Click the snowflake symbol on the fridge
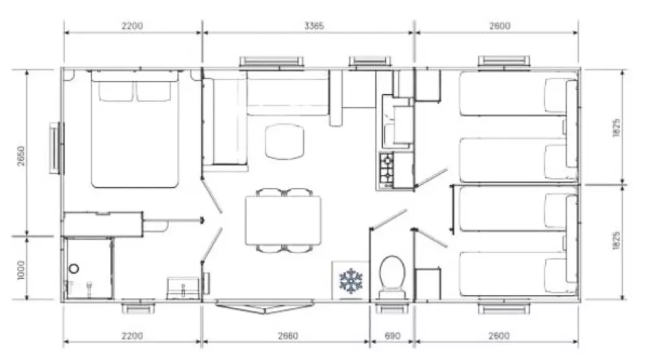(x=350, y=281)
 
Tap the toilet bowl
(x=391, y=272)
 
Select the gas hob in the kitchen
(x=387, y=169)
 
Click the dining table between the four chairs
(x=283, y=221)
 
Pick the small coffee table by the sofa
(x=284, y=142)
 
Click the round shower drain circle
(x=74, y=269)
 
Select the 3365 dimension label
(x=313, y=26)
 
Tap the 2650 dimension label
(x=21, y=156)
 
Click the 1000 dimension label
(x=21, y=270)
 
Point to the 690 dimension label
(x=392, y=336)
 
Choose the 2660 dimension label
(x=288, y=336)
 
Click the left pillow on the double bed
(x=116, y=91)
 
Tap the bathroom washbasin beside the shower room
(x=155, y=226)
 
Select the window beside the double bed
(x=56, y=148)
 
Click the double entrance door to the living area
(x=263, y=307)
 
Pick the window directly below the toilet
(x=391, y=308)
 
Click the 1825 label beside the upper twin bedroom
(x=617, y=128)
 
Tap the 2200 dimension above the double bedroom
(x=132, y=26)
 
